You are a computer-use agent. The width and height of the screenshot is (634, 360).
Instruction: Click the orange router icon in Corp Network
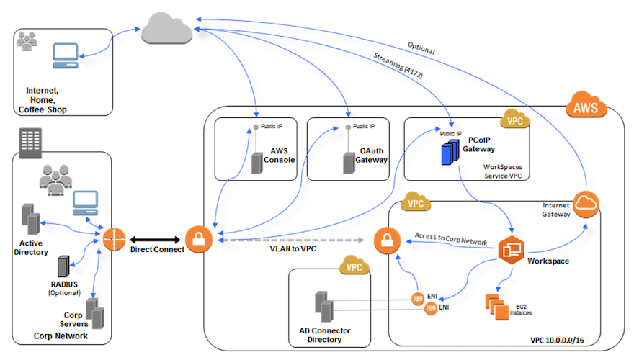114,239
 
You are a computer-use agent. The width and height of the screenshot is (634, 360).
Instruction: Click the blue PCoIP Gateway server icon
450,150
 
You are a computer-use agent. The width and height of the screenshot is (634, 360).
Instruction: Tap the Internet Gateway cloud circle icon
588,205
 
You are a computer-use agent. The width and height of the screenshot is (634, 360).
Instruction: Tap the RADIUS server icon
63,266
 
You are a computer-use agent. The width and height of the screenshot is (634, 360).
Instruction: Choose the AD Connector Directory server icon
324,306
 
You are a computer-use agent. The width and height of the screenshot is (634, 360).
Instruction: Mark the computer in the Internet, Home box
66,57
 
